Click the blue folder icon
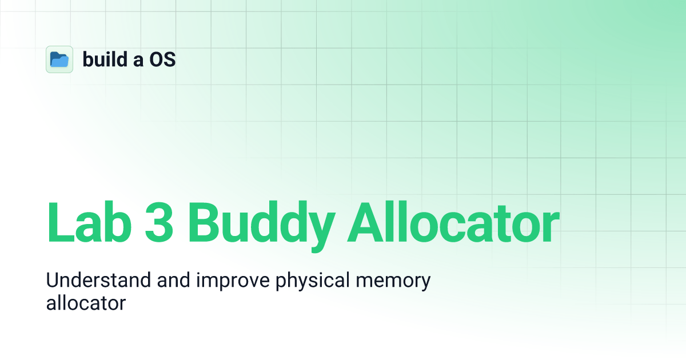(x=59, y=59)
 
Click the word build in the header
(x=104, y=59)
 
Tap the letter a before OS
(x=138, y=61)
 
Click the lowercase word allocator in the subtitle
(x=85, y=303)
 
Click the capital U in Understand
(x=53, y=281)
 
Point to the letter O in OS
(x=157, y=59)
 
